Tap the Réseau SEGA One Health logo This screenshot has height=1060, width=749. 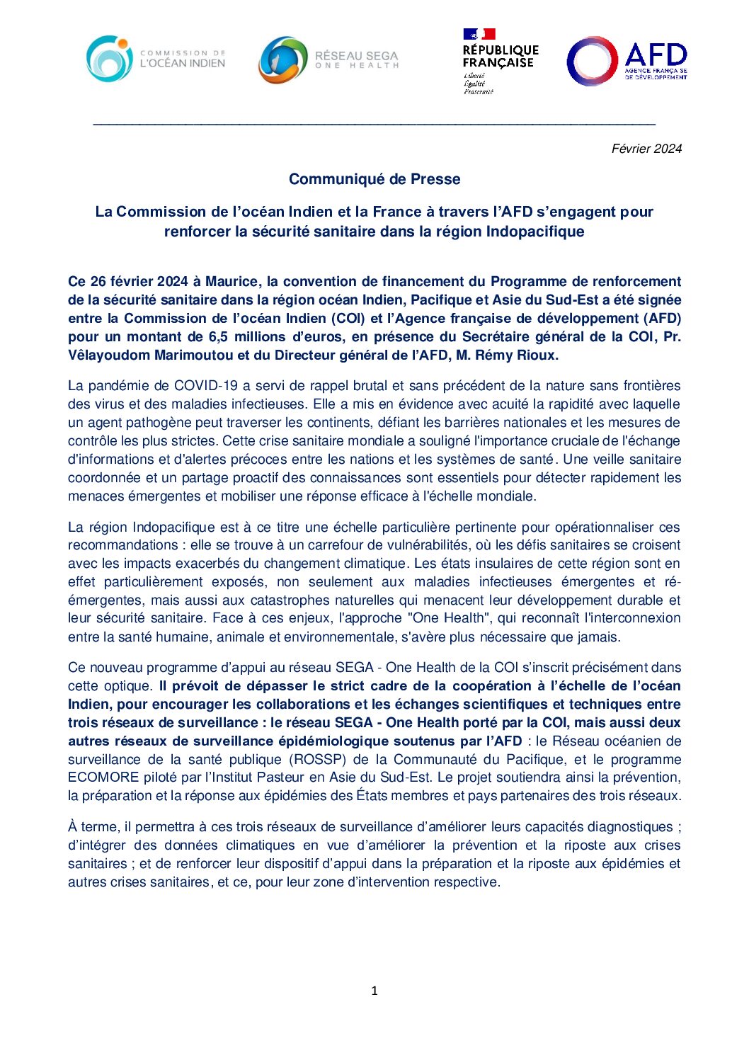(x=328, y=59)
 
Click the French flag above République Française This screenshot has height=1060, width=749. (x=479, y=34)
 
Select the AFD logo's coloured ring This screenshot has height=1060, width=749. (x=593, y=61)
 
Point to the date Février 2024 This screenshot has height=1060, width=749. (x=646, y=149)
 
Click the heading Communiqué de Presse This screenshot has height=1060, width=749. (x=374, y=179)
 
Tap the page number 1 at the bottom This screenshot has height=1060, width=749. (x=374, y=991)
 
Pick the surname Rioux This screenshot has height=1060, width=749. (x=537, y=355)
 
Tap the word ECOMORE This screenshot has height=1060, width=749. (x=103, y=777)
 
